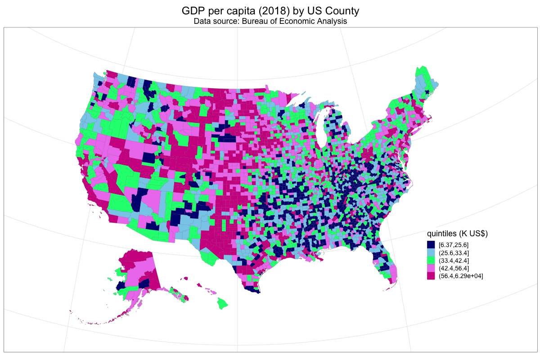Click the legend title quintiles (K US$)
(x=457, y=234)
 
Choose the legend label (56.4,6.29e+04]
(x=460, y=276)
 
